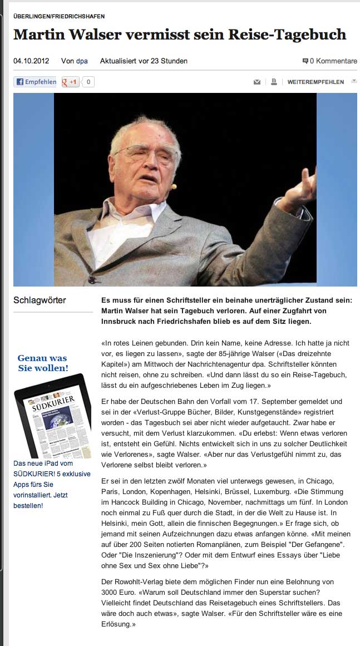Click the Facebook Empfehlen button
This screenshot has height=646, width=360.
[x=35, y=82]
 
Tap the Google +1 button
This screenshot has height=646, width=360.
[x=70, y=82]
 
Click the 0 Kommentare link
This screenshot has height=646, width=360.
[x=329, y=61]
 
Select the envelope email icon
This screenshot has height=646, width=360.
[x=257, y=82]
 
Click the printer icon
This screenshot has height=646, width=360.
[x=274, y=82]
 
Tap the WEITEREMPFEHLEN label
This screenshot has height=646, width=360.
[x=315, y=82]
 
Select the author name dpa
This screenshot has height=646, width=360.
[x=82, y=61]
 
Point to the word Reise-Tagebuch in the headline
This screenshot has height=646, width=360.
[x=287, y=34]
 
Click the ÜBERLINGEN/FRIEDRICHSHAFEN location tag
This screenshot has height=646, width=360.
[x=59, y=17]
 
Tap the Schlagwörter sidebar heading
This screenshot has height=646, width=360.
[x=40, y=300]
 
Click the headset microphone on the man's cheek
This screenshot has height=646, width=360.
[x=174, y=186]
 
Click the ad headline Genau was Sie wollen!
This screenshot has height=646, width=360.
[x=42, y=363]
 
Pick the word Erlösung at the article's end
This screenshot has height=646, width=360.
[x=117, y=624]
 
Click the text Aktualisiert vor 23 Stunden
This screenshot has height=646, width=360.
[x=144, y=61]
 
